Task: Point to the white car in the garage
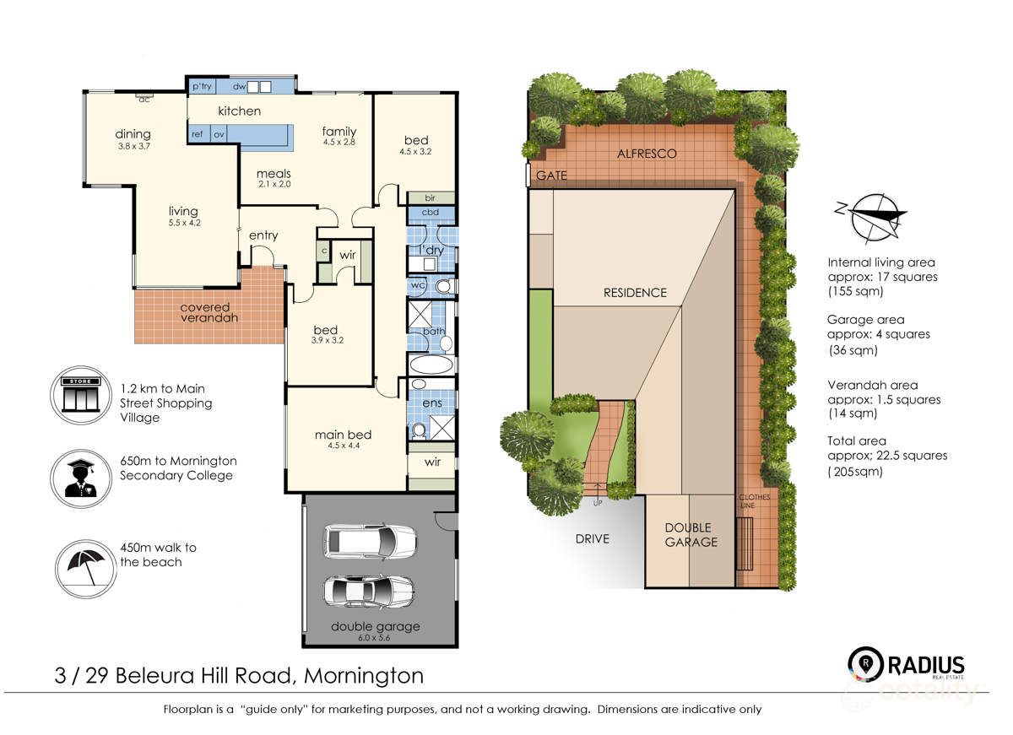click(371, 540)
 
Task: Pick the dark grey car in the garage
click(370, 590)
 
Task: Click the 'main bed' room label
click(343, 435)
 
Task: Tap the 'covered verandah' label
click(209, 312)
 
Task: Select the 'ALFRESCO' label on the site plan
click(647, 154)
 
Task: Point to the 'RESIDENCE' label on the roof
click(634, 293)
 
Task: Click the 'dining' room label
click(133, 133)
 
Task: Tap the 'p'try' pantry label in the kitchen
click(201, 86)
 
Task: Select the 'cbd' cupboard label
click(431, 212)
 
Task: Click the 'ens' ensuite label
click(431, 404)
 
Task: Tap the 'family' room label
click(339, 131)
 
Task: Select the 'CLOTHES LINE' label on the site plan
click(754, 501)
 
